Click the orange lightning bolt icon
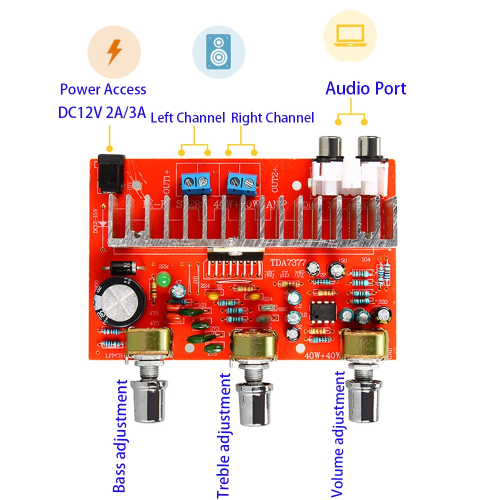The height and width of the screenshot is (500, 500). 114,51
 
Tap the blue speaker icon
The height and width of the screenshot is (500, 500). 218,51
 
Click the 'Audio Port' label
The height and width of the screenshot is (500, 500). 365,88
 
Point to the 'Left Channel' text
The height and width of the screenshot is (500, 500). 187,118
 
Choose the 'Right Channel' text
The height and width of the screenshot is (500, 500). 272,118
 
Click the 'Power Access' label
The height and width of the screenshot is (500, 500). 103,90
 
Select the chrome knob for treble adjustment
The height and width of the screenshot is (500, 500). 254,404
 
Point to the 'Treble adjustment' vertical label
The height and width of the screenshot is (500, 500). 224,435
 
